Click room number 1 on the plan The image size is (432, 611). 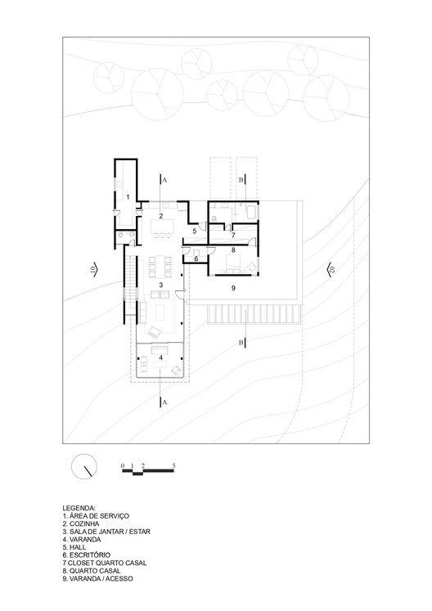tap(128, 197)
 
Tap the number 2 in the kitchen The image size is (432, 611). tap(160, 215)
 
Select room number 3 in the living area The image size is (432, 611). tap(160, 285)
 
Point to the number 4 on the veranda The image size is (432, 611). tap(160, 357)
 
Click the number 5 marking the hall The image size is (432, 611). tap(194, 231)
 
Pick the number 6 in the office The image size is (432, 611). tap(196, 258)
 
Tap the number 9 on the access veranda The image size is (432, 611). tap(233, 288)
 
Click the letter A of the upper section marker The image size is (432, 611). tap(164, 180)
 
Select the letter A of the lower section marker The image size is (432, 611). tap(164, 402)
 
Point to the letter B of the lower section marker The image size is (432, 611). tap(241, 343)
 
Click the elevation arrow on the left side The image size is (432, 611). tap(94, 269)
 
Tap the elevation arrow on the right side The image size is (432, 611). tap(331, 269)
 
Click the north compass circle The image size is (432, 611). tap(83, 466)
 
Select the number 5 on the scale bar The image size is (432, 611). tap(174, 465)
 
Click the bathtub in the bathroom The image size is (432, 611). tap(251, 213)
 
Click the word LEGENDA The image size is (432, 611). tap(79, 508)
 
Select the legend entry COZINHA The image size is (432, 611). tap(81, 523)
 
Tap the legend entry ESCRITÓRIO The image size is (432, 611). tap(86, 555)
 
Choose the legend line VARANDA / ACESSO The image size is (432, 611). tap(97, 578)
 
